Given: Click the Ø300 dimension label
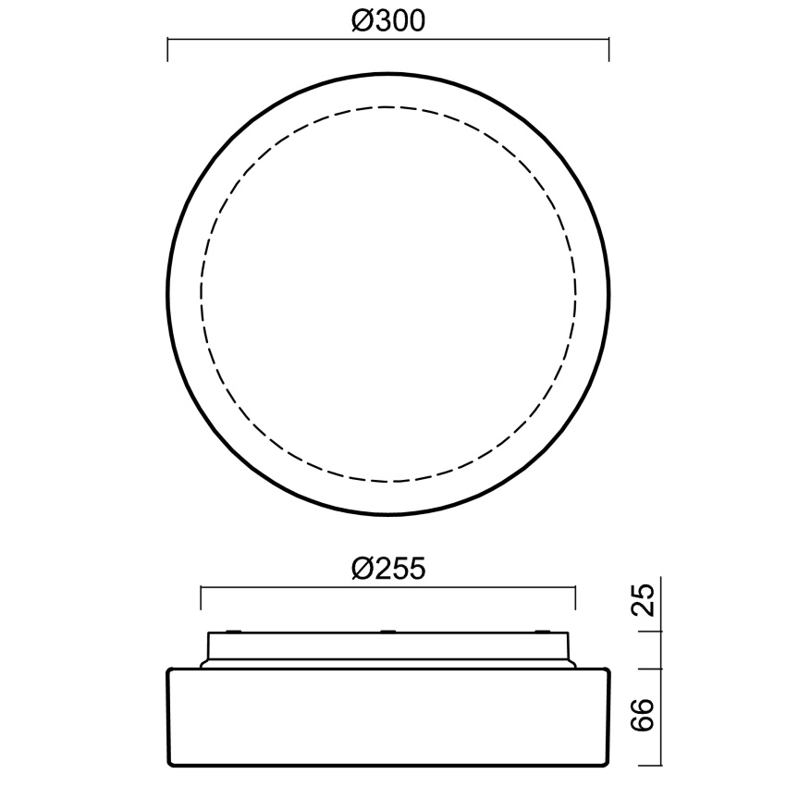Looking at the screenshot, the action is click(388, 21).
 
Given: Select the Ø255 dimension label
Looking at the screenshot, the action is click(388, 569).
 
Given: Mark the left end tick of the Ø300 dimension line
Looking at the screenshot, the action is click(167, 50).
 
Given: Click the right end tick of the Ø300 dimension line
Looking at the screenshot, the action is click(609, 50).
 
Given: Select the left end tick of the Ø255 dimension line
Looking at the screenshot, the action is click(201, 597).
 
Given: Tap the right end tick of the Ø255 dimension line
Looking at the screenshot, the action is click(575, 597).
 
